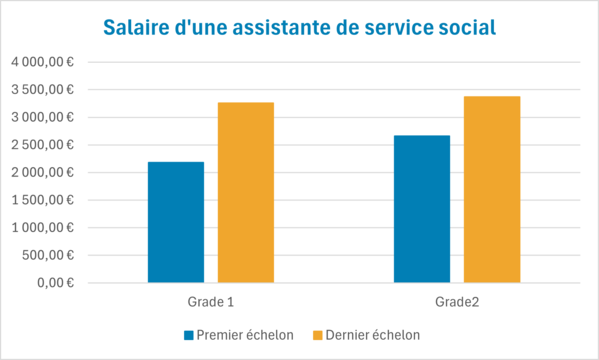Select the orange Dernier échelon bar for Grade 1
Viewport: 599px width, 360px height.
tap(245, 192)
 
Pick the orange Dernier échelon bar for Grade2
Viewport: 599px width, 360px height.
tap(491, 189)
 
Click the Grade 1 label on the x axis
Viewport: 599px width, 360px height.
tap(211, 300)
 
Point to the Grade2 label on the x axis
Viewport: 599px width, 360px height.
tap(457, 300)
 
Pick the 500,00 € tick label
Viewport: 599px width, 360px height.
tap(50, 255)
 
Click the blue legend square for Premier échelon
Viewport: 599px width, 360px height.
tap(188, 335)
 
